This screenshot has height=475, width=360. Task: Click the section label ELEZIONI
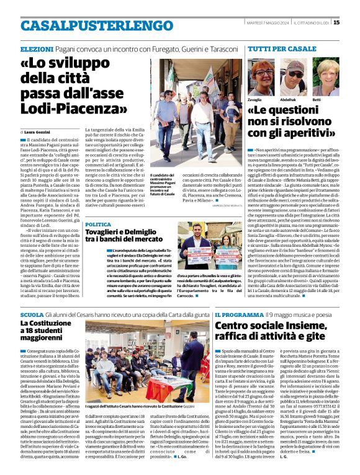click(x=37, y=48)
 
